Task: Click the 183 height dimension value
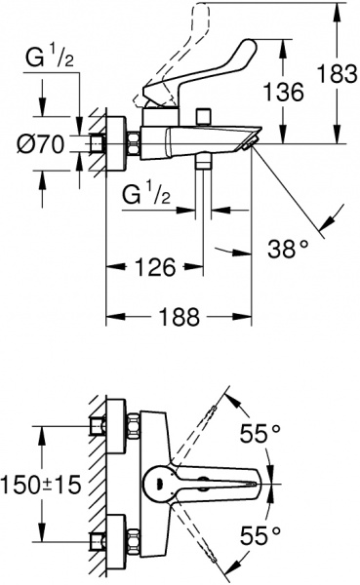(337, 73)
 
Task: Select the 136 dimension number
(284, 92)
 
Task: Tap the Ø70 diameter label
(41, 144)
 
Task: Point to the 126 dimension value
(155, 267)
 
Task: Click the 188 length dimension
(180, 317)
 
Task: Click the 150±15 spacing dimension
(41, 485)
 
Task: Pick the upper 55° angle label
(260, 433)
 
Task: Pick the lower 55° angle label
(260, 535)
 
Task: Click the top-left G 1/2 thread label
(50, 58)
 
